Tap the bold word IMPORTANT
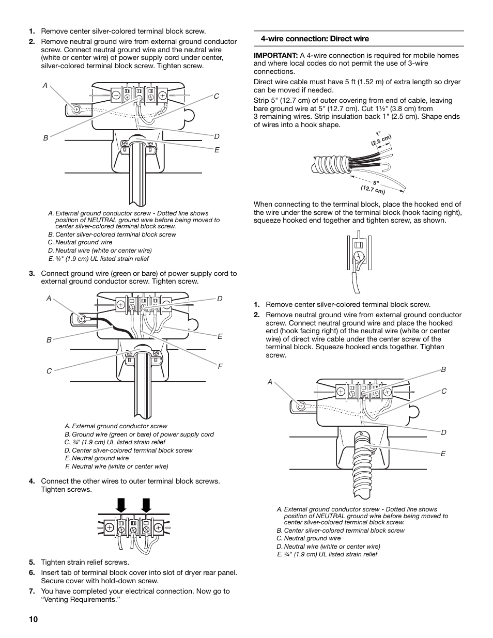tap(275, 55)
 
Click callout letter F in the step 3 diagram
tap(220, 366)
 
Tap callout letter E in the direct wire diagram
tap(443, 454)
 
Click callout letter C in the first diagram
tap(217, 97)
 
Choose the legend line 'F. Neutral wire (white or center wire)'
tap(117, 466)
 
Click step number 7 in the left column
tap(32, 591)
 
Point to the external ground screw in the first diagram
tap(76, 110)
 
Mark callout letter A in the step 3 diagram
tap(49, 299)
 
